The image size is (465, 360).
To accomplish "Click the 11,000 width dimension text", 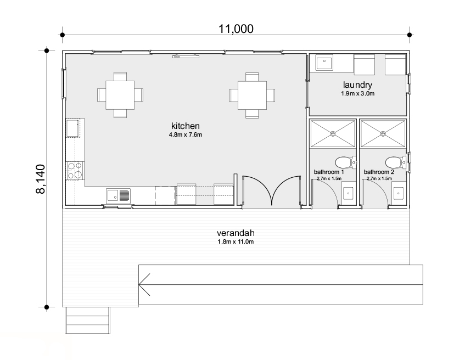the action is (236, 29).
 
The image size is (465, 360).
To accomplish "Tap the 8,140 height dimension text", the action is (41, 179).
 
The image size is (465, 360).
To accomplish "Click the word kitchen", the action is (186, 126).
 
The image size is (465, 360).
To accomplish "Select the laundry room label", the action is (357, 85).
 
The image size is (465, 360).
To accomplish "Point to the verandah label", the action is (236, 233).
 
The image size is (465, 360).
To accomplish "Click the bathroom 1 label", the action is (329, 172).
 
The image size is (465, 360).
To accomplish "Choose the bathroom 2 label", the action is (379, 172).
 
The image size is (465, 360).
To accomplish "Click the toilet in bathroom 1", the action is (345, 162).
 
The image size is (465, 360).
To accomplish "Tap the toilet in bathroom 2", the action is (396, 162).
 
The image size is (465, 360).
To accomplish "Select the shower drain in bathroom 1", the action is (333, 134).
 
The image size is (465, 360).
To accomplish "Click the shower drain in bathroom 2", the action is (383, 134).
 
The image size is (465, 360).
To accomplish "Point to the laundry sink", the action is (324, 63).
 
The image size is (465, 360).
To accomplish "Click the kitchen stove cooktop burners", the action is (75, 171).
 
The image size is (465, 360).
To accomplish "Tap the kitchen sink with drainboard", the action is (119, 196).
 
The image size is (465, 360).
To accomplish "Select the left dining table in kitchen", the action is (120, 95).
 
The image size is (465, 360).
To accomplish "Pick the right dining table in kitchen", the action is (252, 95).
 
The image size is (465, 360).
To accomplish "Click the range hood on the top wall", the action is (186, 56).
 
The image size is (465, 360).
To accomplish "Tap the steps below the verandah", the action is (87, 320).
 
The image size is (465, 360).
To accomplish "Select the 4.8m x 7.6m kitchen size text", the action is (186, 134).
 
